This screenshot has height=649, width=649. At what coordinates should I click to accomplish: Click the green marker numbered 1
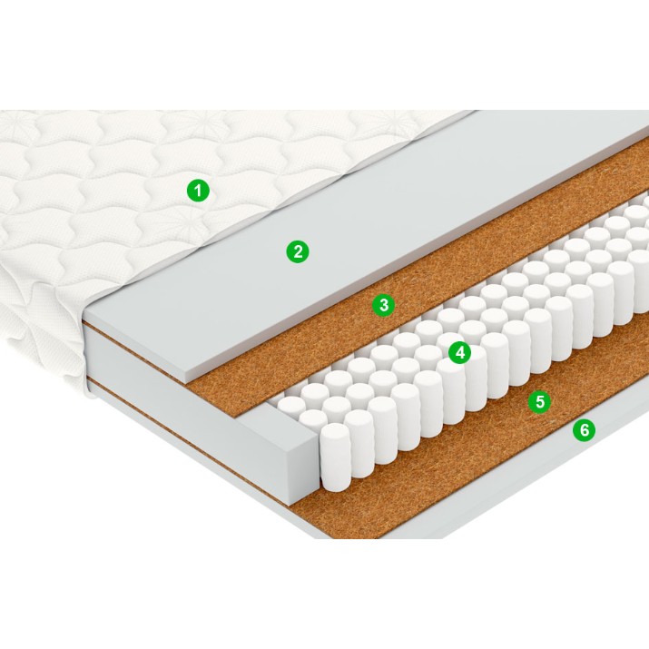198,191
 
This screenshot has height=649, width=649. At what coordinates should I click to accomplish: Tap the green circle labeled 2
298,251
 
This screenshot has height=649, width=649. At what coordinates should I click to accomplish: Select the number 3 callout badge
384,305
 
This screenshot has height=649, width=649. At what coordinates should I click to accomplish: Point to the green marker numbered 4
459,353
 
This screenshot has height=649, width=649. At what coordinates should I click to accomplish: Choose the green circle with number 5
540,401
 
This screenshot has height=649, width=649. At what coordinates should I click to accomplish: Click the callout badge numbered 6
584,430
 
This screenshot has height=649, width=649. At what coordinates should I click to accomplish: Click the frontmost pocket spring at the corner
335,457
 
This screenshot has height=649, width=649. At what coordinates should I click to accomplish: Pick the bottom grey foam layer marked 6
517,476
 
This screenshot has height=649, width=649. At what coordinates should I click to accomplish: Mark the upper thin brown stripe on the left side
136,348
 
